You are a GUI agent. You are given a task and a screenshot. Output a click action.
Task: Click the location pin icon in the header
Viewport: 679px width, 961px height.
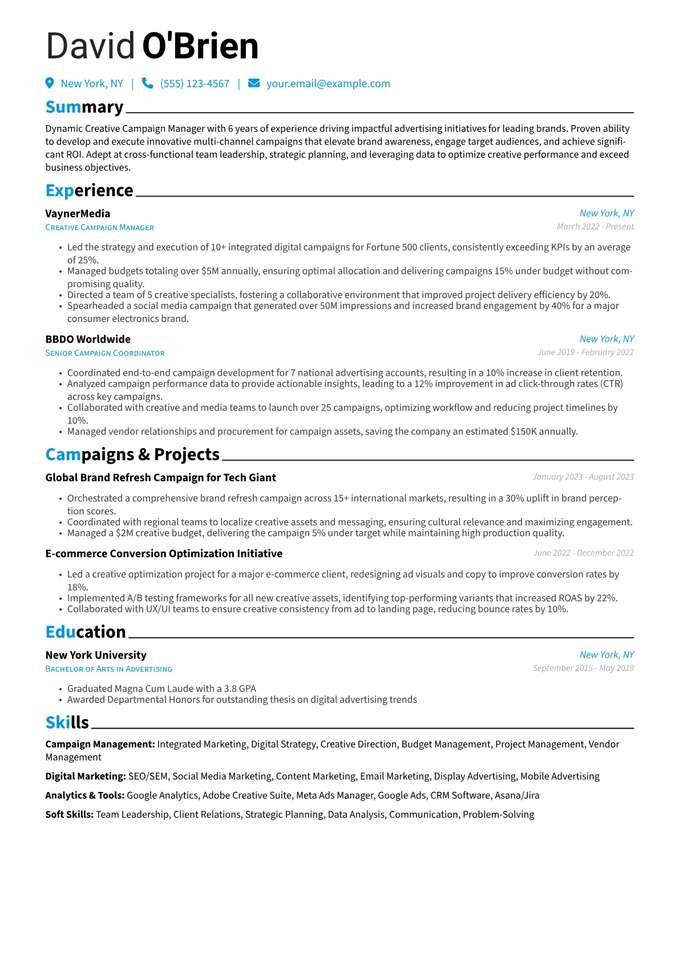point(50,83)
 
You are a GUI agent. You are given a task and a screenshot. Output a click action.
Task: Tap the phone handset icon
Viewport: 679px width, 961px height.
point(147,83)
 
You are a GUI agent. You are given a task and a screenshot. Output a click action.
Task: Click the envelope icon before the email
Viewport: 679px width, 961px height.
point(254,83)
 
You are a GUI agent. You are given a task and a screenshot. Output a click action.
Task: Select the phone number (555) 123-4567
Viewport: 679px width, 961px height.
point(195,84)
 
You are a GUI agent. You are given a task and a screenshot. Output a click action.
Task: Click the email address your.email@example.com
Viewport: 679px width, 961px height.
point(328,84)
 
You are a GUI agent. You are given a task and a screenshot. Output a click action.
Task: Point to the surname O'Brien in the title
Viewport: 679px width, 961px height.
point(200,46)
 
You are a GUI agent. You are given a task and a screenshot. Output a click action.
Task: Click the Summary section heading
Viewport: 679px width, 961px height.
point(84,107)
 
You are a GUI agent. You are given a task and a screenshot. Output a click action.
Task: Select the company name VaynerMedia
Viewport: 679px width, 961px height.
point(78,214)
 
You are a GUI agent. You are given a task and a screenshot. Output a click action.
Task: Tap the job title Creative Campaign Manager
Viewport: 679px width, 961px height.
point(99,227)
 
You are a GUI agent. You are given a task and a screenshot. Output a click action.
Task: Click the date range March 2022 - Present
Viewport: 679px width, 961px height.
point(595,227)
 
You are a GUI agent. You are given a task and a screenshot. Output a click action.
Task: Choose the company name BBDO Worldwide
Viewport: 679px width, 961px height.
point(88,339)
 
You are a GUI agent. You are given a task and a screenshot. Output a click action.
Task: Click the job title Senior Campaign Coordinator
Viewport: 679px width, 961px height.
point(105,353)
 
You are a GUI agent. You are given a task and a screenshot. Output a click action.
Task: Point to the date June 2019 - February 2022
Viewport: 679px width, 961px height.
point(585,352)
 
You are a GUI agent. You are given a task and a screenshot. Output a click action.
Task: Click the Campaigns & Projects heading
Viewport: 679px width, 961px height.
point(132,455)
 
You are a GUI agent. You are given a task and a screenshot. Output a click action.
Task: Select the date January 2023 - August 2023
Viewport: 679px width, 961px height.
point(583,477)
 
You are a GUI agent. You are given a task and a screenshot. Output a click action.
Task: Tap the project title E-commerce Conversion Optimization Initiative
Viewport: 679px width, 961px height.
point(164,553)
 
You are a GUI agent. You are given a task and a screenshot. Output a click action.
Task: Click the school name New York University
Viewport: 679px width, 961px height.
point(96,655)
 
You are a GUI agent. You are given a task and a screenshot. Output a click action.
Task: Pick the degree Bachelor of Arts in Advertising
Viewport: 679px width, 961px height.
point(108,669)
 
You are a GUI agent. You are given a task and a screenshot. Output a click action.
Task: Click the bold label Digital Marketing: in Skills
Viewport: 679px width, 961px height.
point(86,776)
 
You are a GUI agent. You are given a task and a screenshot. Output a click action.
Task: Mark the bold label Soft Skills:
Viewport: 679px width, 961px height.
point(69,814)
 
